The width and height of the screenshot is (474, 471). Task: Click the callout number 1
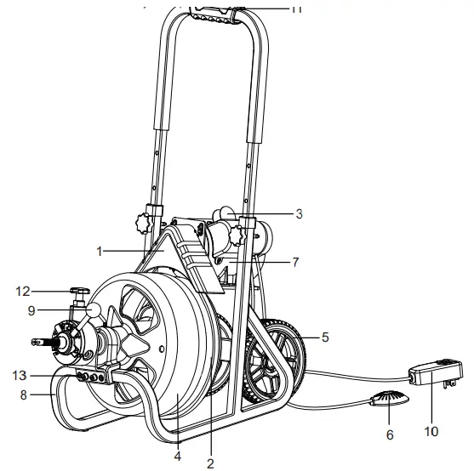100,252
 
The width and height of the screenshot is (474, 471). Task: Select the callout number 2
209,463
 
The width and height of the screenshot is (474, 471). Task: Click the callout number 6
389,434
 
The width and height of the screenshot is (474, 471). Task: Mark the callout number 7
295,263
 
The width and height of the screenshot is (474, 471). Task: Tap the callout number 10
431,431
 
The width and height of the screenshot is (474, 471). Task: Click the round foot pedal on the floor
388,400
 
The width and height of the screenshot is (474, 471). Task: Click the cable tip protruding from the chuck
37,342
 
